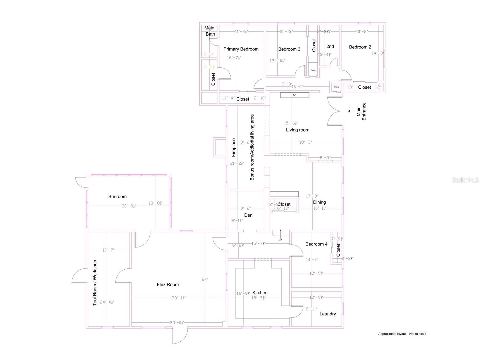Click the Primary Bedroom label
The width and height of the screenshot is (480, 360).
[x=241, y=49]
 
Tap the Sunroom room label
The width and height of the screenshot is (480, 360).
[x=117, y=196]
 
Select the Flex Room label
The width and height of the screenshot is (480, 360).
[x=168, y=285]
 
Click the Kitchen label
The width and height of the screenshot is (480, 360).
[x=260, y=293]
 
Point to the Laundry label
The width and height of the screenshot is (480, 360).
[x=328, y=314]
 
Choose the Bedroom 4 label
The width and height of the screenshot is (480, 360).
[x=316, y=244]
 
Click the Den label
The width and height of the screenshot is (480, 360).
[x=248, y=215]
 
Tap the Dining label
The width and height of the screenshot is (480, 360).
[x=319, y=202]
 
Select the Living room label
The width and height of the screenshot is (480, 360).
[x=297, y=130]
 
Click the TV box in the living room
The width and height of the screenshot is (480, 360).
[x=294, y=95]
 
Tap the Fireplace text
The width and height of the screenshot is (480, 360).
[x=233, y=147]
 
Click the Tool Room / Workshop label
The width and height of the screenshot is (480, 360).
[x=94, y=283]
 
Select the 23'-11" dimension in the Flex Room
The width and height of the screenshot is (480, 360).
[x=179, y=298]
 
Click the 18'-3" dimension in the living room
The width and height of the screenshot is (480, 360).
[x=305, y=142]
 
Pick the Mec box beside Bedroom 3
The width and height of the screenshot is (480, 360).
[x=314, y=70]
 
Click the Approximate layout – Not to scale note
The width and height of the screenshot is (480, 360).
[x=402, y=334]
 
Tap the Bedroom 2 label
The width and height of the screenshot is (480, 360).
[x=360, y=47]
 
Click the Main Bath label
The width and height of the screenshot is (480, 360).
[x=210, y=31]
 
